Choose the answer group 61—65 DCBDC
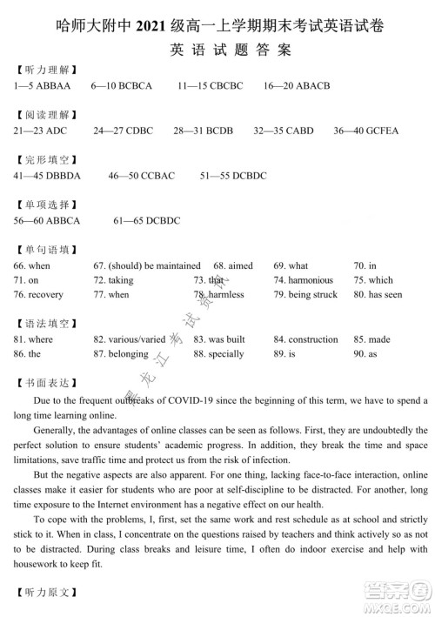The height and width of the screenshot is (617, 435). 146,221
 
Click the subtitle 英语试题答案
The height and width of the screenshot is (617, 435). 217,50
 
